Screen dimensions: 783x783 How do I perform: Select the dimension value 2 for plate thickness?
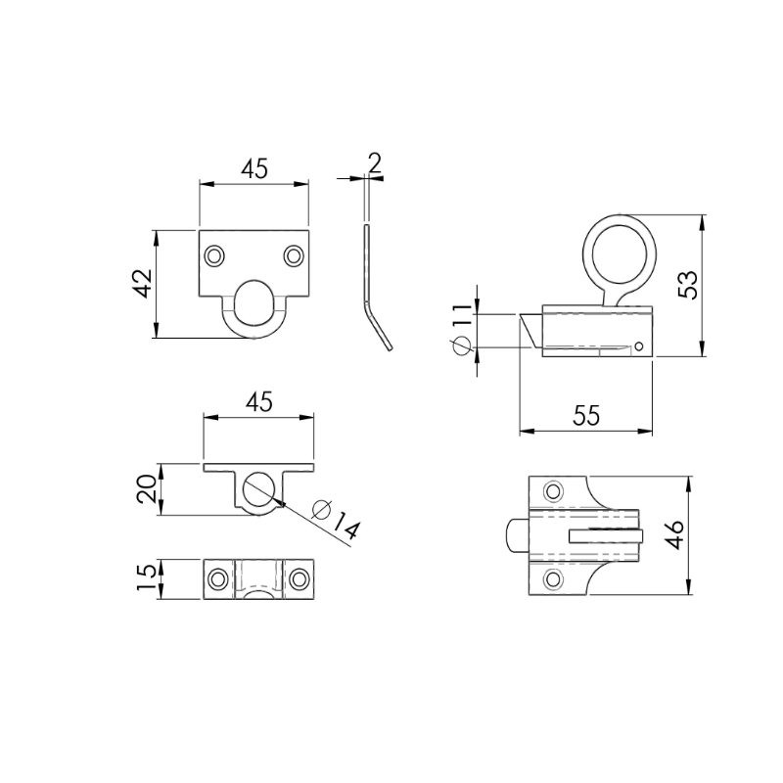tap(375, 162)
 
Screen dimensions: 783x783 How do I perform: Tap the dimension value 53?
tap(688, 285)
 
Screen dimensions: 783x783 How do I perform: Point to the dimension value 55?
tap(585, 415)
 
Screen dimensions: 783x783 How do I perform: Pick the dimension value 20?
tap(146, 488)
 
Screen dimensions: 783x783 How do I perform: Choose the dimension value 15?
tap(146, 577)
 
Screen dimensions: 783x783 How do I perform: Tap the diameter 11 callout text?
tap(461, 328)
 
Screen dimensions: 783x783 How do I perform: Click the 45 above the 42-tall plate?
tap(254, 168)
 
